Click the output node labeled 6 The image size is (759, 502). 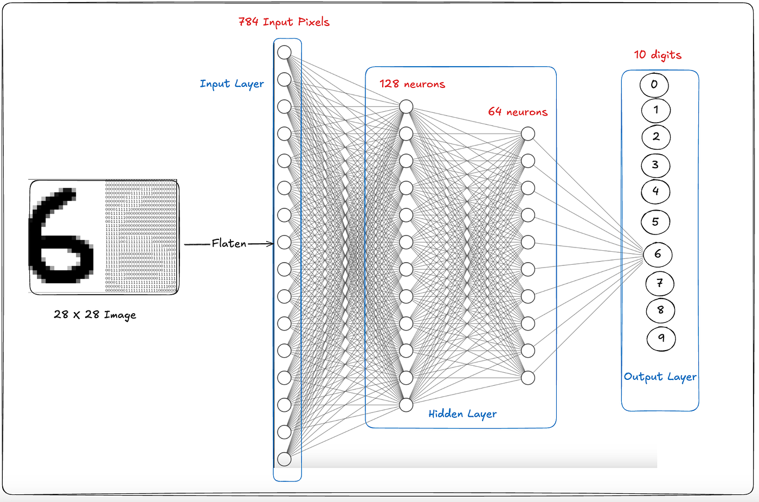coord(658,254)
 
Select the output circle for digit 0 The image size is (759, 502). coord(654,85)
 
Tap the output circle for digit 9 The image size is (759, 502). coord(661,339)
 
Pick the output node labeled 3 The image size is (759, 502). coord(655,165)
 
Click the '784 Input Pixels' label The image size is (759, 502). coord(284,22)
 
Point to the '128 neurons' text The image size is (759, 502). coord(412,84)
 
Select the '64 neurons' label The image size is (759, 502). coord(518,112)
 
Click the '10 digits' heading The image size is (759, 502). coord(658,55)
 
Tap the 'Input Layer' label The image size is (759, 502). coord(232,84)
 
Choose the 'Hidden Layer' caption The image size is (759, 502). coord(462,414)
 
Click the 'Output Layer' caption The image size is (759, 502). coord(660,377)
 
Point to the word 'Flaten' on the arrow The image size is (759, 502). coord(229,244)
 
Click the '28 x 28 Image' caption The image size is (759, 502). coord(95,315)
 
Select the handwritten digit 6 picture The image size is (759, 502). coord(61,237)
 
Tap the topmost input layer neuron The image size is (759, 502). coord(284,53)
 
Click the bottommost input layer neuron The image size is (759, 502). coord(284,459)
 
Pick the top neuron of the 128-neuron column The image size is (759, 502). coord(406,107)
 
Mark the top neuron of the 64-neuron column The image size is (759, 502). coord(528,134)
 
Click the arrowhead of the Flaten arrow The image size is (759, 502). coord(270,244)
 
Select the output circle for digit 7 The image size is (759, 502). coord(660,283)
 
